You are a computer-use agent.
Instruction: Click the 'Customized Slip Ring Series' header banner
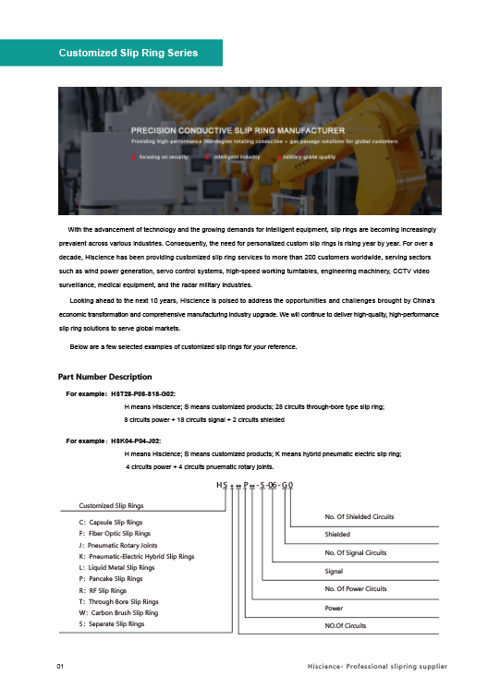128,53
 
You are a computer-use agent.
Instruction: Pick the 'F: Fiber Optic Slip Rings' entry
116,534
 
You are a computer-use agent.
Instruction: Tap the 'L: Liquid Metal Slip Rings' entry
117,568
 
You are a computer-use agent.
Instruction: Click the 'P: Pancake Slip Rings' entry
111,578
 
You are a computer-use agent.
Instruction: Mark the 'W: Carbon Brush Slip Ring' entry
118,612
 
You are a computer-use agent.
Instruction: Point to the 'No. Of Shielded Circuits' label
360,516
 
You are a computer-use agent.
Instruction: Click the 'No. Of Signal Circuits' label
356,553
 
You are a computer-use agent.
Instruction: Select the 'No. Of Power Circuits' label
356,589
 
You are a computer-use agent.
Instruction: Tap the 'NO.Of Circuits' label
347,626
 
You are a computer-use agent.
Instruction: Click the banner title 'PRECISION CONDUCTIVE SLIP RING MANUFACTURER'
238,131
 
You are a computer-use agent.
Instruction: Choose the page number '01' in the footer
60,665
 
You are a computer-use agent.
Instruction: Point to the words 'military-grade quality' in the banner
310,157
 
